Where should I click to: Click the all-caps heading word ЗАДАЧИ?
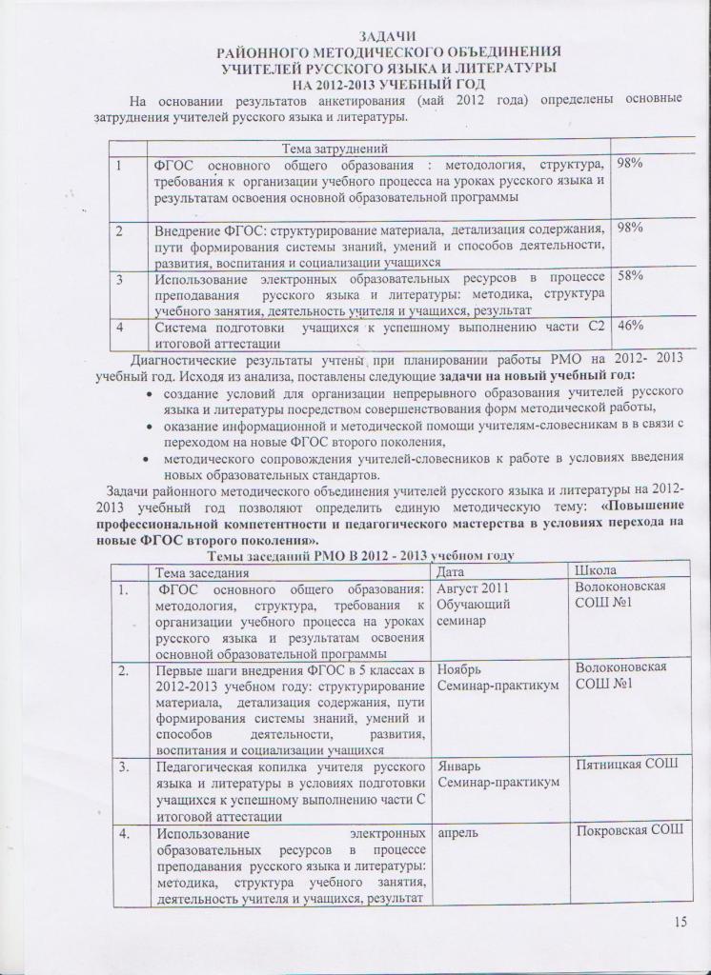388,35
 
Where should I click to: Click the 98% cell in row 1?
630,164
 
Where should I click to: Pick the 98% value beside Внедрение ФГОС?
630,228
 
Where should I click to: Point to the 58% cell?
630,276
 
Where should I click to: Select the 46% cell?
630,326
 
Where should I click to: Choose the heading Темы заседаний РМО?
362,554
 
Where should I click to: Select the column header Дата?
450,571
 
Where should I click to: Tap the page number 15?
680,921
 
